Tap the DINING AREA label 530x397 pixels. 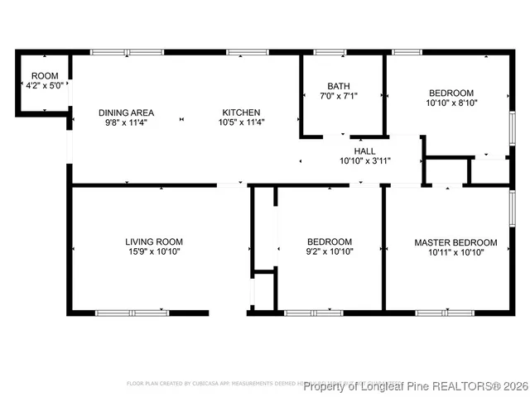tap(126, 113)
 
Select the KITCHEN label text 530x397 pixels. tap(240, 113)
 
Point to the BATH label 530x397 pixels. tap(338, 86)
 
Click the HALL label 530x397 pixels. tap(364, 151)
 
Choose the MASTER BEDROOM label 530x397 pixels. tap(455, 242)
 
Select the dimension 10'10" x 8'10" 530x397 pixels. tap(451, 103)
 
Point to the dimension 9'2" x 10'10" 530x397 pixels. tap(329, 252)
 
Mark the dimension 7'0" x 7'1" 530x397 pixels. tap(338, 96)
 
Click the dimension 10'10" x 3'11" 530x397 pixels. tap(364, 161)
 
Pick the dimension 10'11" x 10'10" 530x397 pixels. tap(455, 252)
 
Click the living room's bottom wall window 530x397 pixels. tap(132, 313)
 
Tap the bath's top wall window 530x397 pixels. tap(330, 53)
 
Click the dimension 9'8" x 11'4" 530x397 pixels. tap(126, 123)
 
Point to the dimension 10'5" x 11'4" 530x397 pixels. tap(240, 123)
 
